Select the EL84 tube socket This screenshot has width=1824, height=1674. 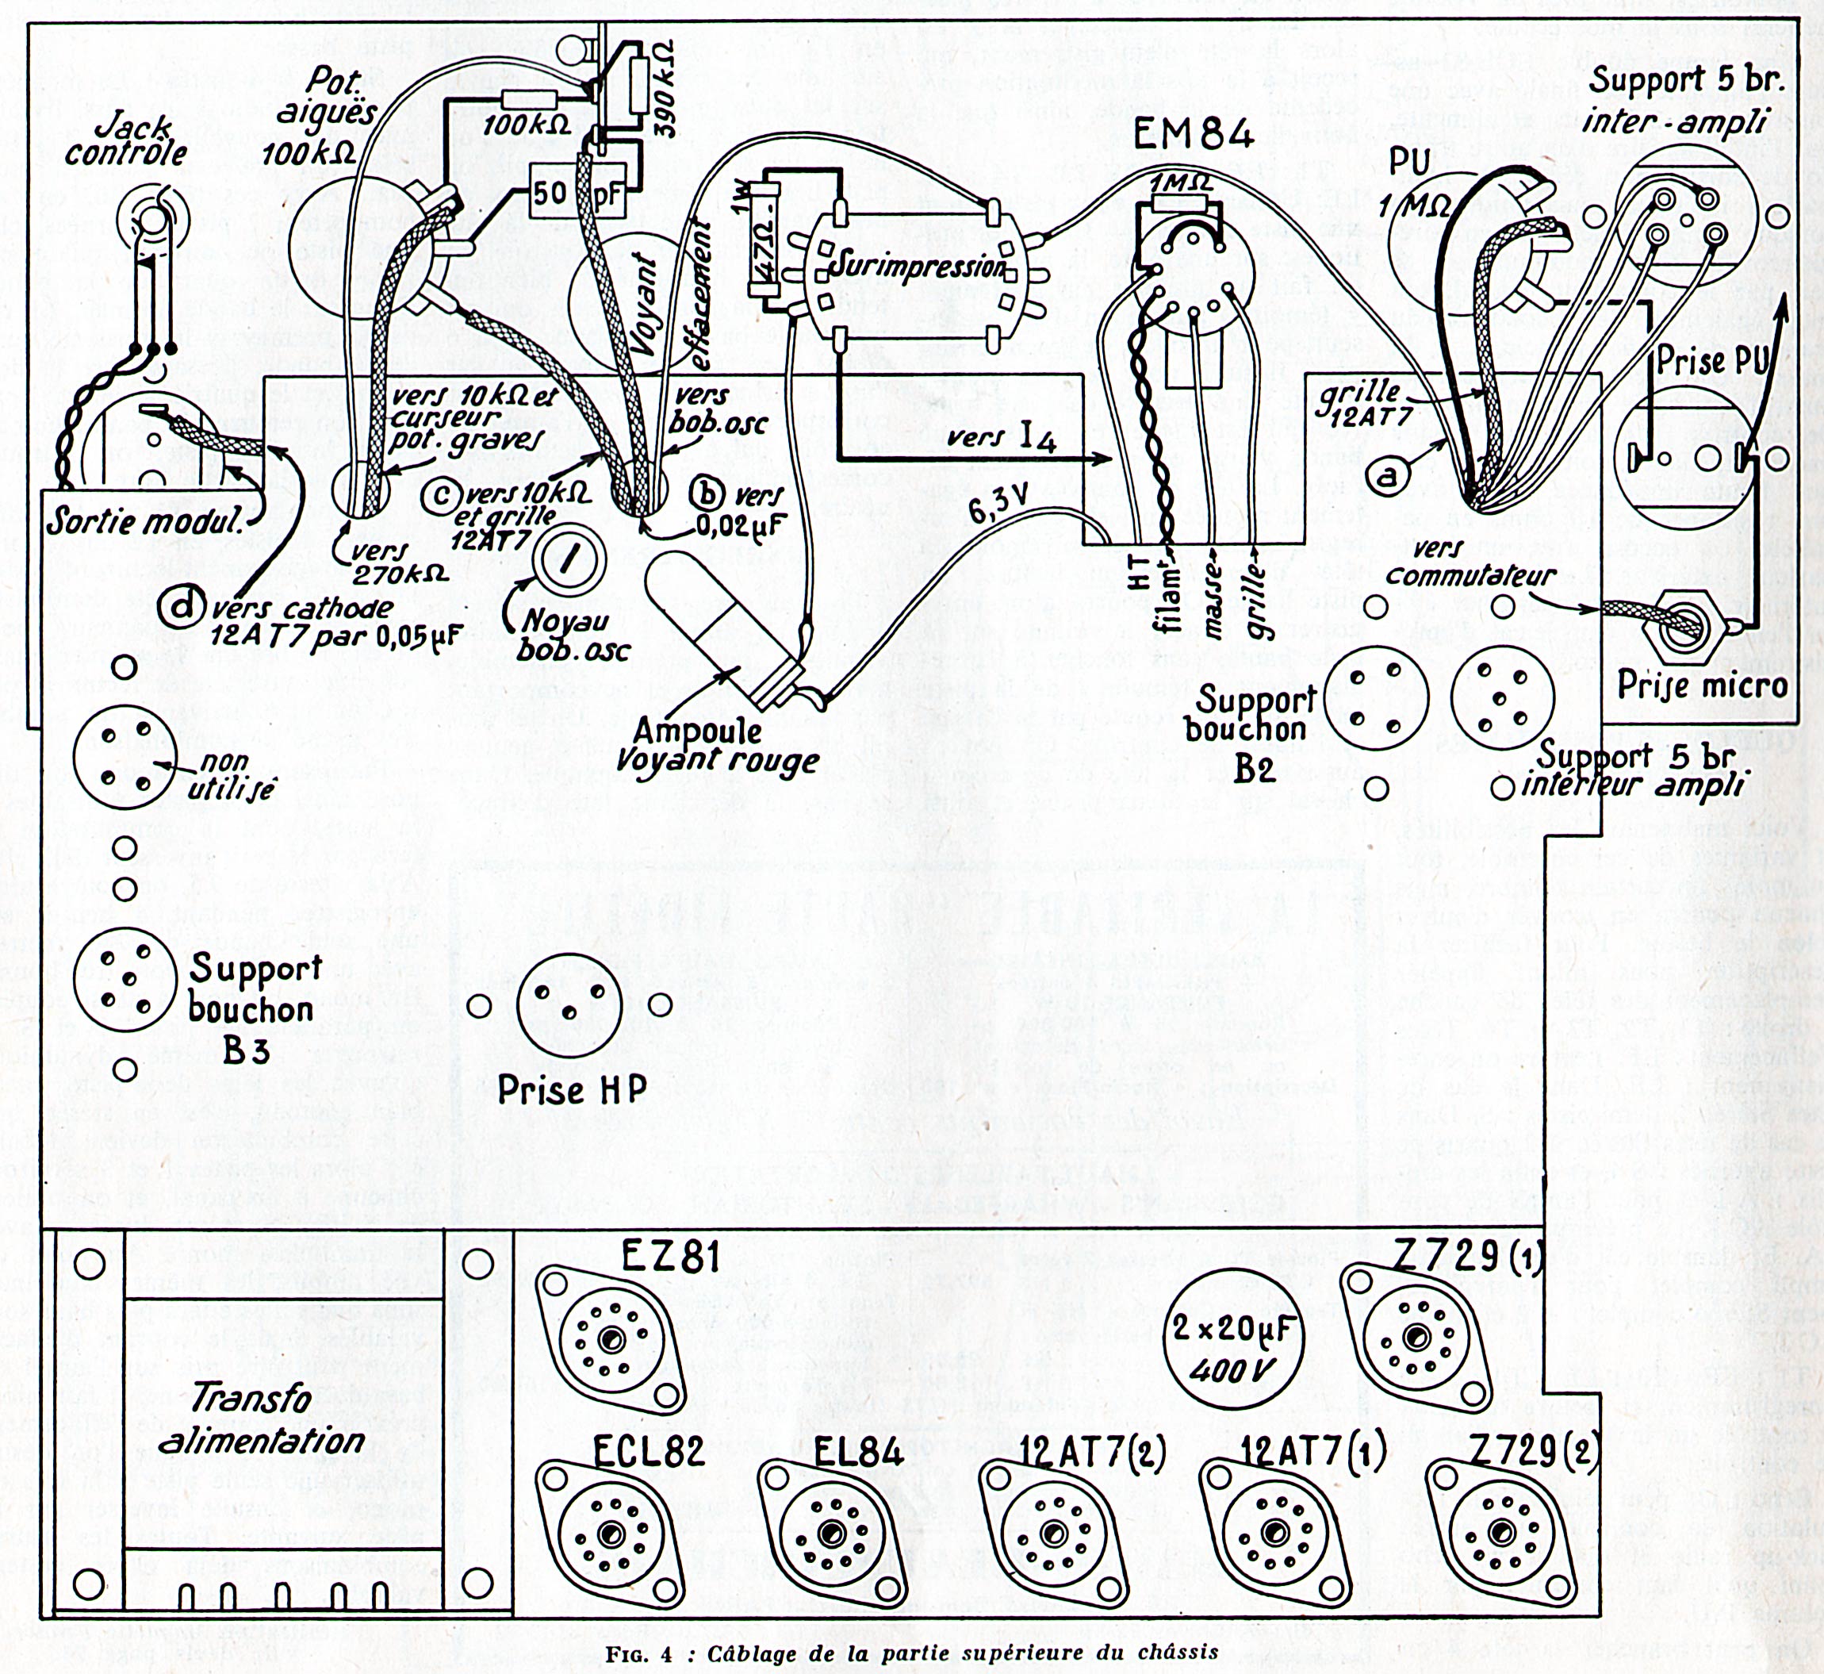[x=828, y=1534]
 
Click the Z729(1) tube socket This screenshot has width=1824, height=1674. [x=1414, y=1337]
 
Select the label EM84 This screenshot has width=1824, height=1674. [x=1194, y=136]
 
